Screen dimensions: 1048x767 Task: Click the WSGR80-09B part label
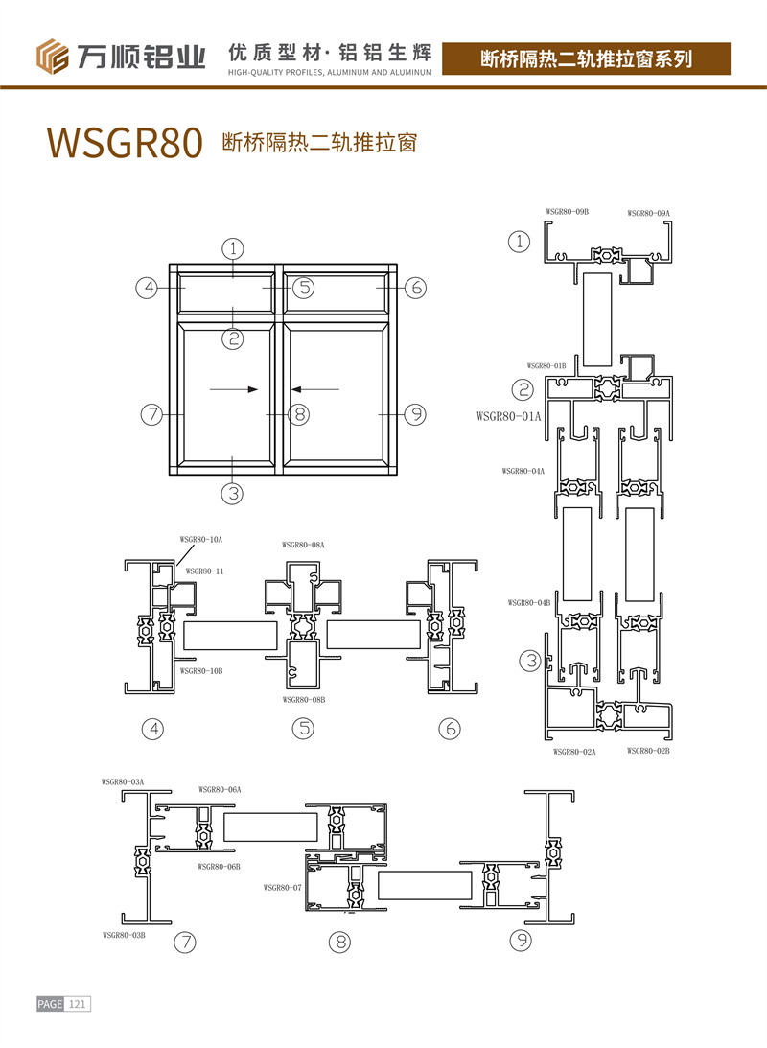(x=567, y=211)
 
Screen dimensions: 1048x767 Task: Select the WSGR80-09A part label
(x=649, y=213)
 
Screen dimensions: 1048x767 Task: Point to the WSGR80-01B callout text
(x=546, y=365)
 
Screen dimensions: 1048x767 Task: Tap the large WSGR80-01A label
(x=509, y=416)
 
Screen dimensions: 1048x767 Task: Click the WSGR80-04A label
(x=523, y=471)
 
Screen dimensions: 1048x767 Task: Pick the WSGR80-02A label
(x=574, y=752)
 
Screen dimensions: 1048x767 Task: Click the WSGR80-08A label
(x=303, y=545)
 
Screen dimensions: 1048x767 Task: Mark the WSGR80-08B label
(x=303, y=700)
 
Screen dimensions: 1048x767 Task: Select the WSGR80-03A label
(x=123, y=782)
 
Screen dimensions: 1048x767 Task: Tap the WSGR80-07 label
(x=282, y=888)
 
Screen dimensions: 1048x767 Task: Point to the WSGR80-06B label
(x=219, y=866)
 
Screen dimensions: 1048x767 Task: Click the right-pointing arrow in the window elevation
(x=234, y=389)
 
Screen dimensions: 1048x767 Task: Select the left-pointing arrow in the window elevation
(x=315, y=389)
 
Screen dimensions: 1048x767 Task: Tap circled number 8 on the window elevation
(x=299, y=414)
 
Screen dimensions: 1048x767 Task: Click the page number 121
(x=78, y=1004)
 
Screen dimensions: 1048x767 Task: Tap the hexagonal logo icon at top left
(x=54, y=56)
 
